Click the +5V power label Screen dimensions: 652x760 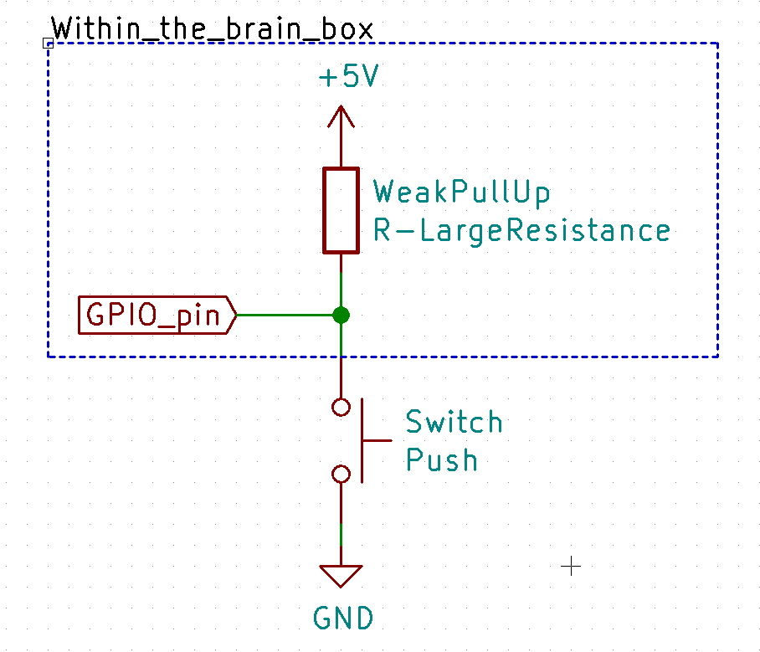[348, 78]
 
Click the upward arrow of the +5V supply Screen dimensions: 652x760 [341, 117]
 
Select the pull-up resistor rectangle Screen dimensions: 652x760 [341, 210]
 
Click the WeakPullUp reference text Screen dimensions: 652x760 [461, 193]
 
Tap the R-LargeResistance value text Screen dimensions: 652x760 [521, 230]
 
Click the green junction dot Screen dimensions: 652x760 [341, 315]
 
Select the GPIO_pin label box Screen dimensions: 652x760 [156, 315]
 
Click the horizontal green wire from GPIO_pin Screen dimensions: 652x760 [285, 315]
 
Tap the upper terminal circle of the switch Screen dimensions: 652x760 [341, 408]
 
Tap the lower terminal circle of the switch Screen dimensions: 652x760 [341, 474]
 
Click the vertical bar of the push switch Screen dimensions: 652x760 [362, 440]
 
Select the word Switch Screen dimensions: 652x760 [454, 423]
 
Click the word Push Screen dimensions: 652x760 [441, 460]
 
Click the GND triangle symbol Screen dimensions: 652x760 [341, 575]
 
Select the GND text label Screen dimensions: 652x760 [343, 619]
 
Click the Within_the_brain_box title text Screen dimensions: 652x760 [212, 29]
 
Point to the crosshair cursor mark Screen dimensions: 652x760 [571, 567]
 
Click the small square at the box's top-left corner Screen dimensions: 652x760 [48, 42]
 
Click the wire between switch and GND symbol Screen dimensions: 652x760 [341, 519]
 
